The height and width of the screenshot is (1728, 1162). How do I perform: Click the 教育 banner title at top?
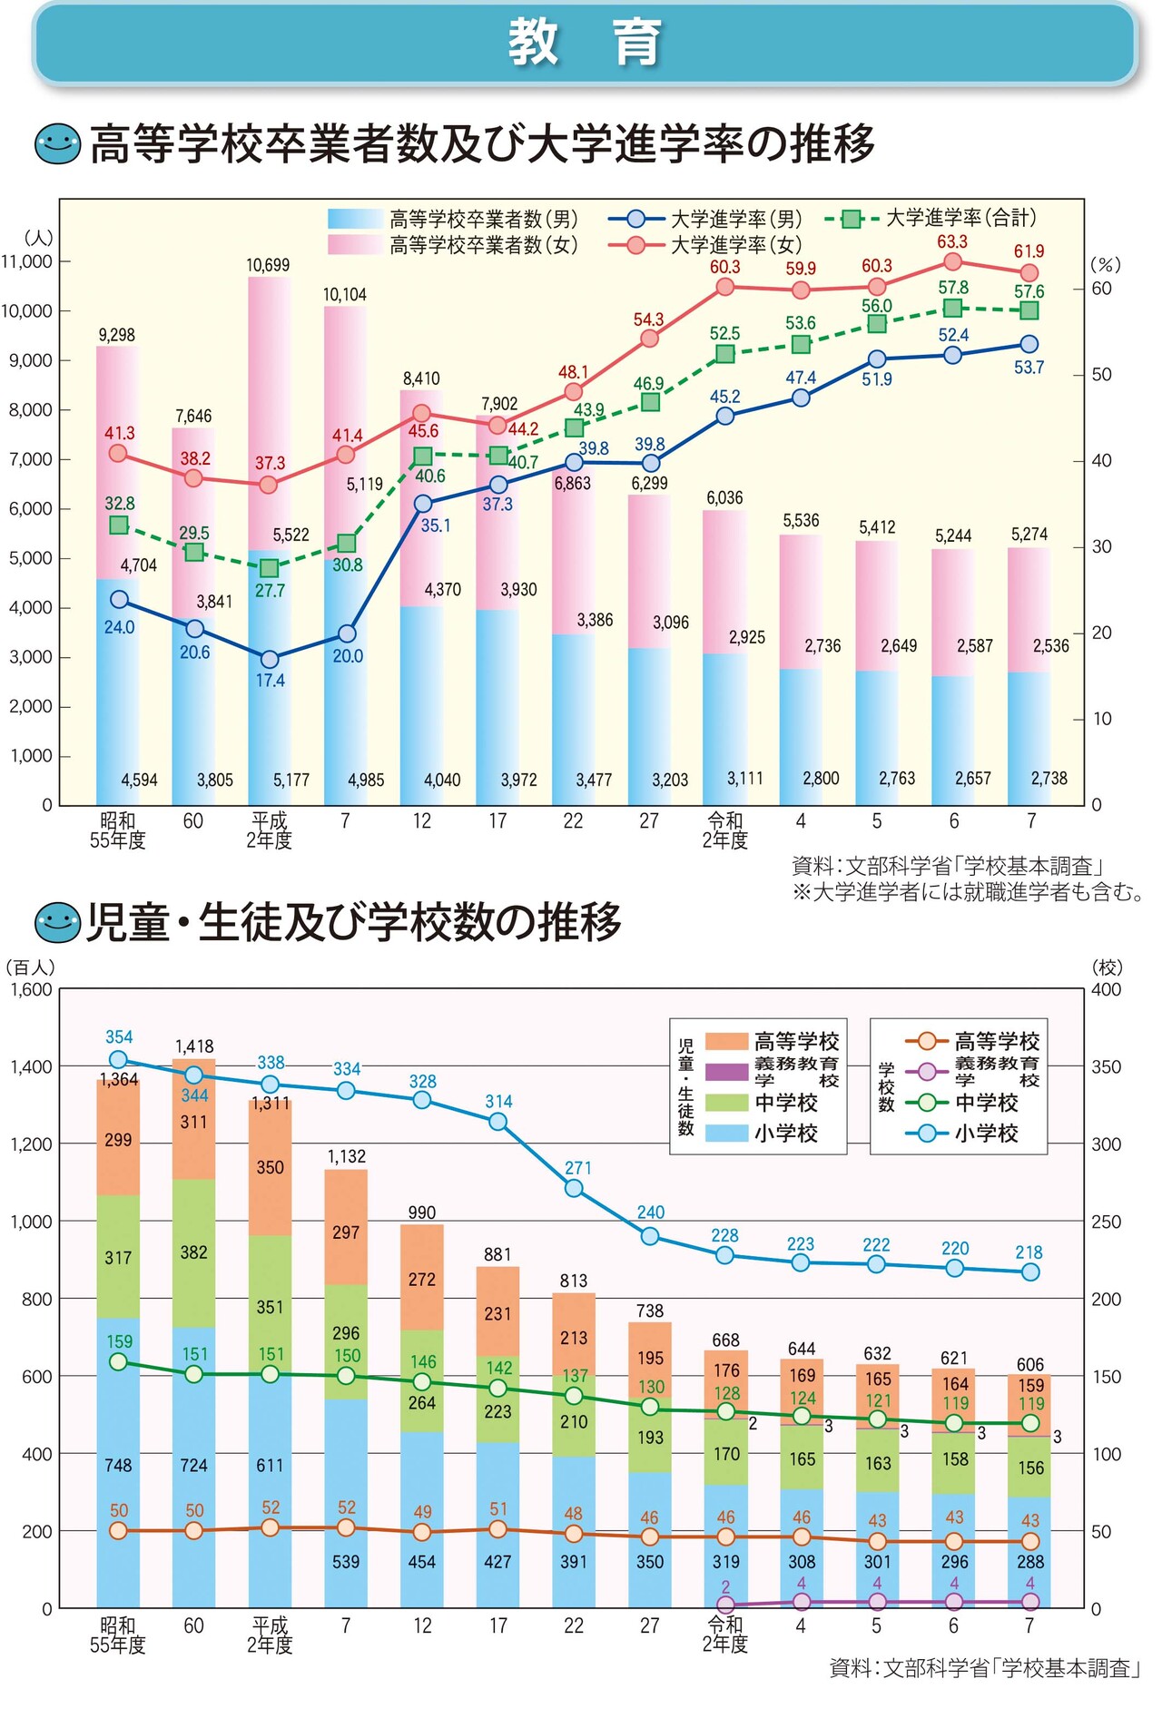coord(583,43)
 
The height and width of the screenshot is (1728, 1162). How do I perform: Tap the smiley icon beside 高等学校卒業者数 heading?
coord(57,144)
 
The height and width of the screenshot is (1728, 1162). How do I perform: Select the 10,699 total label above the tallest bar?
coord(268,265)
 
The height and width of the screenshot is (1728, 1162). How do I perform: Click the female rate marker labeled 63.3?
coord(952,262)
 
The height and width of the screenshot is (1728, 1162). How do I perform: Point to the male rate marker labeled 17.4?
coord(269,659)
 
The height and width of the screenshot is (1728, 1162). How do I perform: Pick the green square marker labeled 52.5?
coord(724,354)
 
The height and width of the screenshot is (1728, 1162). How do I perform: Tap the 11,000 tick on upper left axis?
coord(27,261)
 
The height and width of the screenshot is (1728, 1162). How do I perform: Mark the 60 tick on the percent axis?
coord(1101,289)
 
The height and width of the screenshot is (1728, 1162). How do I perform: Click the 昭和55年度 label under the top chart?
coord(117,830)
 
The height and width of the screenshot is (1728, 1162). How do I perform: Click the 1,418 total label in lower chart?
coord(194,1046)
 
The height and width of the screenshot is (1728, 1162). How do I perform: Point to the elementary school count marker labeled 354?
coord(118,1059)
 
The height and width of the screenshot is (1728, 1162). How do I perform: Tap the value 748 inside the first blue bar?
coord(118,1465)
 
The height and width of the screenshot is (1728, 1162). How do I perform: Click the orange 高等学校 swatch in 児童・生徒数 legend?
coord(726,1041)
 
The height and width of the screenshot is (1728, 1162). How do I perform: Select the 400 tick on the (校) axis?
coord(1106,989)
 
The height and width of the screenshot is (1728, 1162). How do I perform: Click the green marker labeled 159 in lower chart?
coord(118,1362)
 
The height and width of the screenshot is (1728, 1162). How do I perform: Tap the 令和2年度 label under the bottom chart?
coord(724,1635)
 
